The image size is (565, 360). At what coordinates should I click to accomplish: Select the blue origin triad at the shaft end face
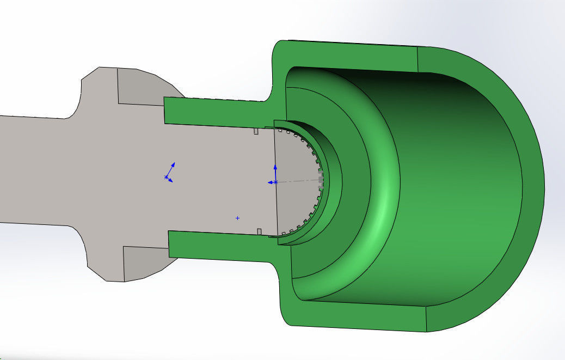pos(275,181)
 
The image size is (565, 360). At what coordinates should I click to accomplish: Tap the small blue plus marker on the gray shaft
pos(237,218)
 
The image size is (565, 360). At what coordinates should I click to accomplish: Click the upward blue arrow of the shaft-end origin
pos(275,168)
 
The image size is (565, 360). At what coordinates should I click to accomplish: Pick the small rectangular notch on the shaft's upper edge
pos(256,131)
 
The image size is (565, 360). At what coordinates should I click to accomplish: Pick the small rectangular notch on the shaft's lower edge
pos(260,232)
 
